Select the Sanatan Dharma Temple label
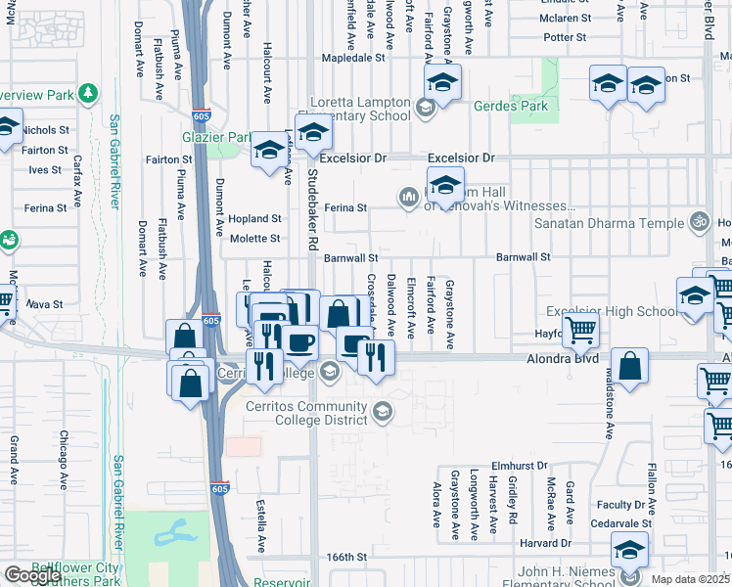click(609, 223)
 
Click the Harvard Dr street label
click(545, 543)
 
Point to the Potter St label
click(565, 37)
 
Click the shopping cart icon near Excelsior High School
click(580, 331)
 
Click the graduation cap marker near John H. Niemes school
click(630, 551)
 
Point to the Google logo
click(32, 575)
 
